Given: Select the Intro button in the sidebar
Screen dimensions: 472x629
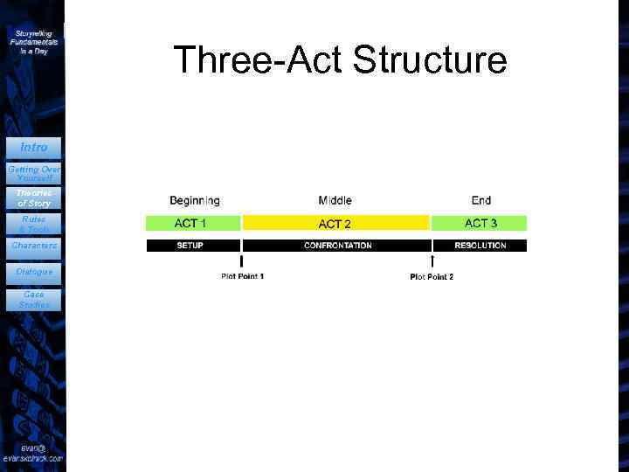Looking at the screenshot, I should pyautogui.click(x=33, y=148).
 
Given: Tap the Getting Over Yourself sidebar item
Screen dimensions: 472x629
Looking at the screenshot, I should pyautogui.click(x=33, y=172).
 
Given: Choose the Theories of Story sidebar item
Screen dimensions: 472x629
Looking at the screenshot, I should pyautogui.click(x=33, y=198).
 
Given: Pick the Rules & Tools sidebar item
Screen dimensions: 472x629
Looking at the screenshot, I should pyautogui.click(x=33, y=224).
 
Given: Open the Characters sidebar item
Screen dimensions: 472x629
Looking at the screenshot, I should pyautogui.click(x=33, y=246).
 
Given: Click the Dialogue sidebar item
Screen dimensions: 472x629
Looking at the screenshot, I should pyautogui.click(x=33, y=272).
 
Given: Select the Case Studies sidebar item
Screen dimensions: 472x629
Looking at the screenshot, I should pyautogui.click(x=33, y=300).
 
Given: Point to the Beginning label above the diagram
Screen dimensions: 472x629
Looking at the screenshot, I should pyautogui.click(x=194, y=200).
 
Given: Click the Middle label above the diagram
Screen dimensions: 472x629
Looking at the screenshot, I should pyautogui.click(x=335, y=200).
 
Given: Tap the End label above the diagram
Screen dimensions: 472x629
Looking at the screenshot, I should pyautogui.click(x=480, y=200).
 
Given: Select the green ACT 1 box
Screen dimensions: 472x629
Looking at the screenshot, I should pyautogui.click(x=193, y=223).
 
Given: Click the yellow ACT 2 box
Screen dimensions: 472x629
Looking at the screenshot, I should pyautogui.click(x=336, y=224).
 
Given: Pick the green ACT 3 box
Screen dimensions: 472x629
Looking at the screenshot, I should pyautogui.click(x=480, y=223).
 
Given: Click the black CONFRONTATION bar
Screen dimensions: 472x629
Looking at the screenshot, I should pyautogui.click(x=336, y=246).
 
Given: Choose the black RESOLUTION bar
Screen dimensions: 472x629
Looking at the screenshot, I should pyautogui.click(x=480, y=246).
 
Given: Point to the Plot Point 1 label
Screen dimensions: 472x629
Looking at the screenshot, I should pyautogui.click(x=243, y=277).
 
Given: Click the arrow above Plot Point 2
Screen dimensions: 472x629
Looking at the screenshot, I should pyautogui.click(x=432, y=261).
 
